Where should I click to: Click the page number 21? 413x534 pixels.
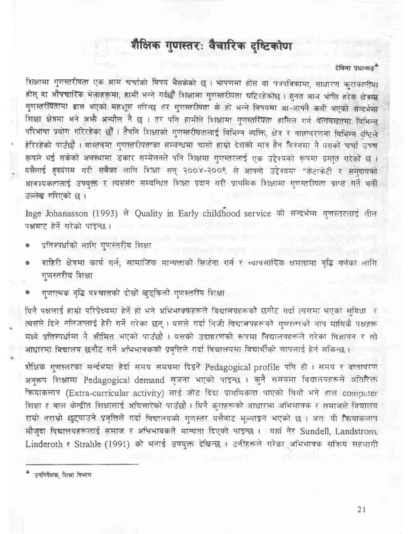click(360, 509)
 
